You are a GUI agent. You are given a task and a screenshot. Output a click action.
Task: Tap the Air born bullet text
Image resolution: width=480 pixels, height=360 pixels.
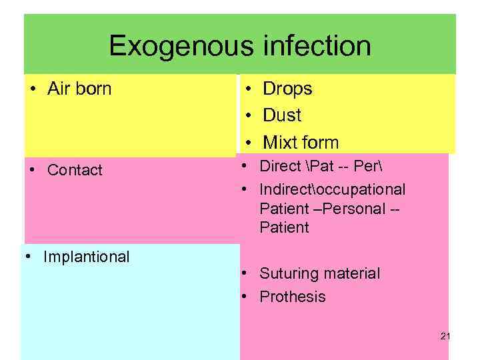click(x=79, y=89)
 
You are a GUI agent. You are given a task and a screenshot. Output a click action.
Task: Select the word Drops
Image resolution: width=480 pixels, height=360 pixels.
click(x=287, y=89)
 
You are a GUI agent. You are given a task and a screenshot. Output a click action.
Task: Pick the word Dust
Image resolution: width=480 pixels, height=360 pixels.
click(x=282, y=115)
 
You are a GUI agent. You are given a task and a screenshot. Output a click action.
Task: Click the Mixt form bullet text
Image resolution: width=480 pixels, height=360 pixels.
click(x=301, y=143)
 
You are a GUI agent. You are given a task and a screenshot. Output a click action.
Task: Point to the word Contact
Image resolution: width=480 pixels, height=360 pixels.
click(x=75, y=170)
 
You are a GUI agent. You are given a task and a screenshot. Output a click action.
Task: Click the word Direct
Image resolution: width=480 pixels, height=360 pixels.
click(x=281, y=167)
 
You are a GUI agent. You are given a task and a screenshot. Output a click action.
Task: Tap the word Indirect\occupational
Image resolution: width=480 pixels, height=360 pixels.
click(x=332, y=189)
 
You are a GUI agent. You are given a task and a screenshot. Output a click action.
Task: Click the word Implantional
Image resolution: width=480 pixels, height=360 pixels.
click(x=86, y=257)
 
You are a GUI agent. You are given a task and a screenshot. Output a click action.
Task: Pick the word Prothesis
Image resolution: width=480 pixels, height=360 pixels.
click(x=293, y=297)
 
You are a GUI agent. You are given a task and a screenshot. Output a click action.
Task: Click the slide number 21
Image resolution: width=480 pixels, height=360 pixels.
click(x=445, y=337)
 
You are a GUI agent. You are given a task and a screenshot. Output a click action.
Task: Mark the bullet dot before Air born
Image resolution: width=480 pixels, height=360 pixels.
click(x=33, y=89)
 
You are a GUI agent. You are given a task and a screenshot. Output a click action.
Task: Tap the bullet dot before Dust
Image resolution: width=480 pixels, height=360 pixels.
click(x=247, y=115)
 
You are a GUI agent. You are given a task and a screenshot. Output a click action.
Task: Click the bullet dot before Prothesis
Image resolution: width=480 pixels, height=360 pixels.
click(x=245, y=297)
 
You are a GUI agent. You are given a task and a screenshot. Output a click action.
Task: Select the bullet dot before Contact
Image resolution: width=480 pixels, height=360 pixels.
click(x=33, y=170)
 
